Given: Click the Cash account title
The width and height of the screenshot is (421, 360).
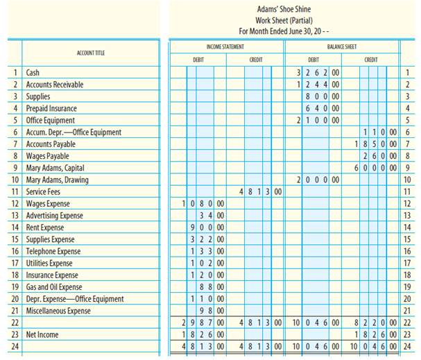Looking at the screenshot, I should (33, 73).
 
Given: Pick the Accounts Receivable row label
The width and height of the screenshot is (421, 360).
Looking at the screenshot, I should (55, 85).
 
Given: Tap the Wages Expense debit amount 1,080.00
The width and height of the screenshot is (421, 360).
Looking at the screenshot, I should (203, 204).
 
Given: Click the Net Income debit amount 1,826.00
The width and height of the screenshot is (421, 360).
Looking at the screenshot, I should (203, 334).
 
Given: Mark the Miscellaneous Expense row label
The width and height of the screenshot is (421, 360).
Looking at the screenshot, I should (58, 311).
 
